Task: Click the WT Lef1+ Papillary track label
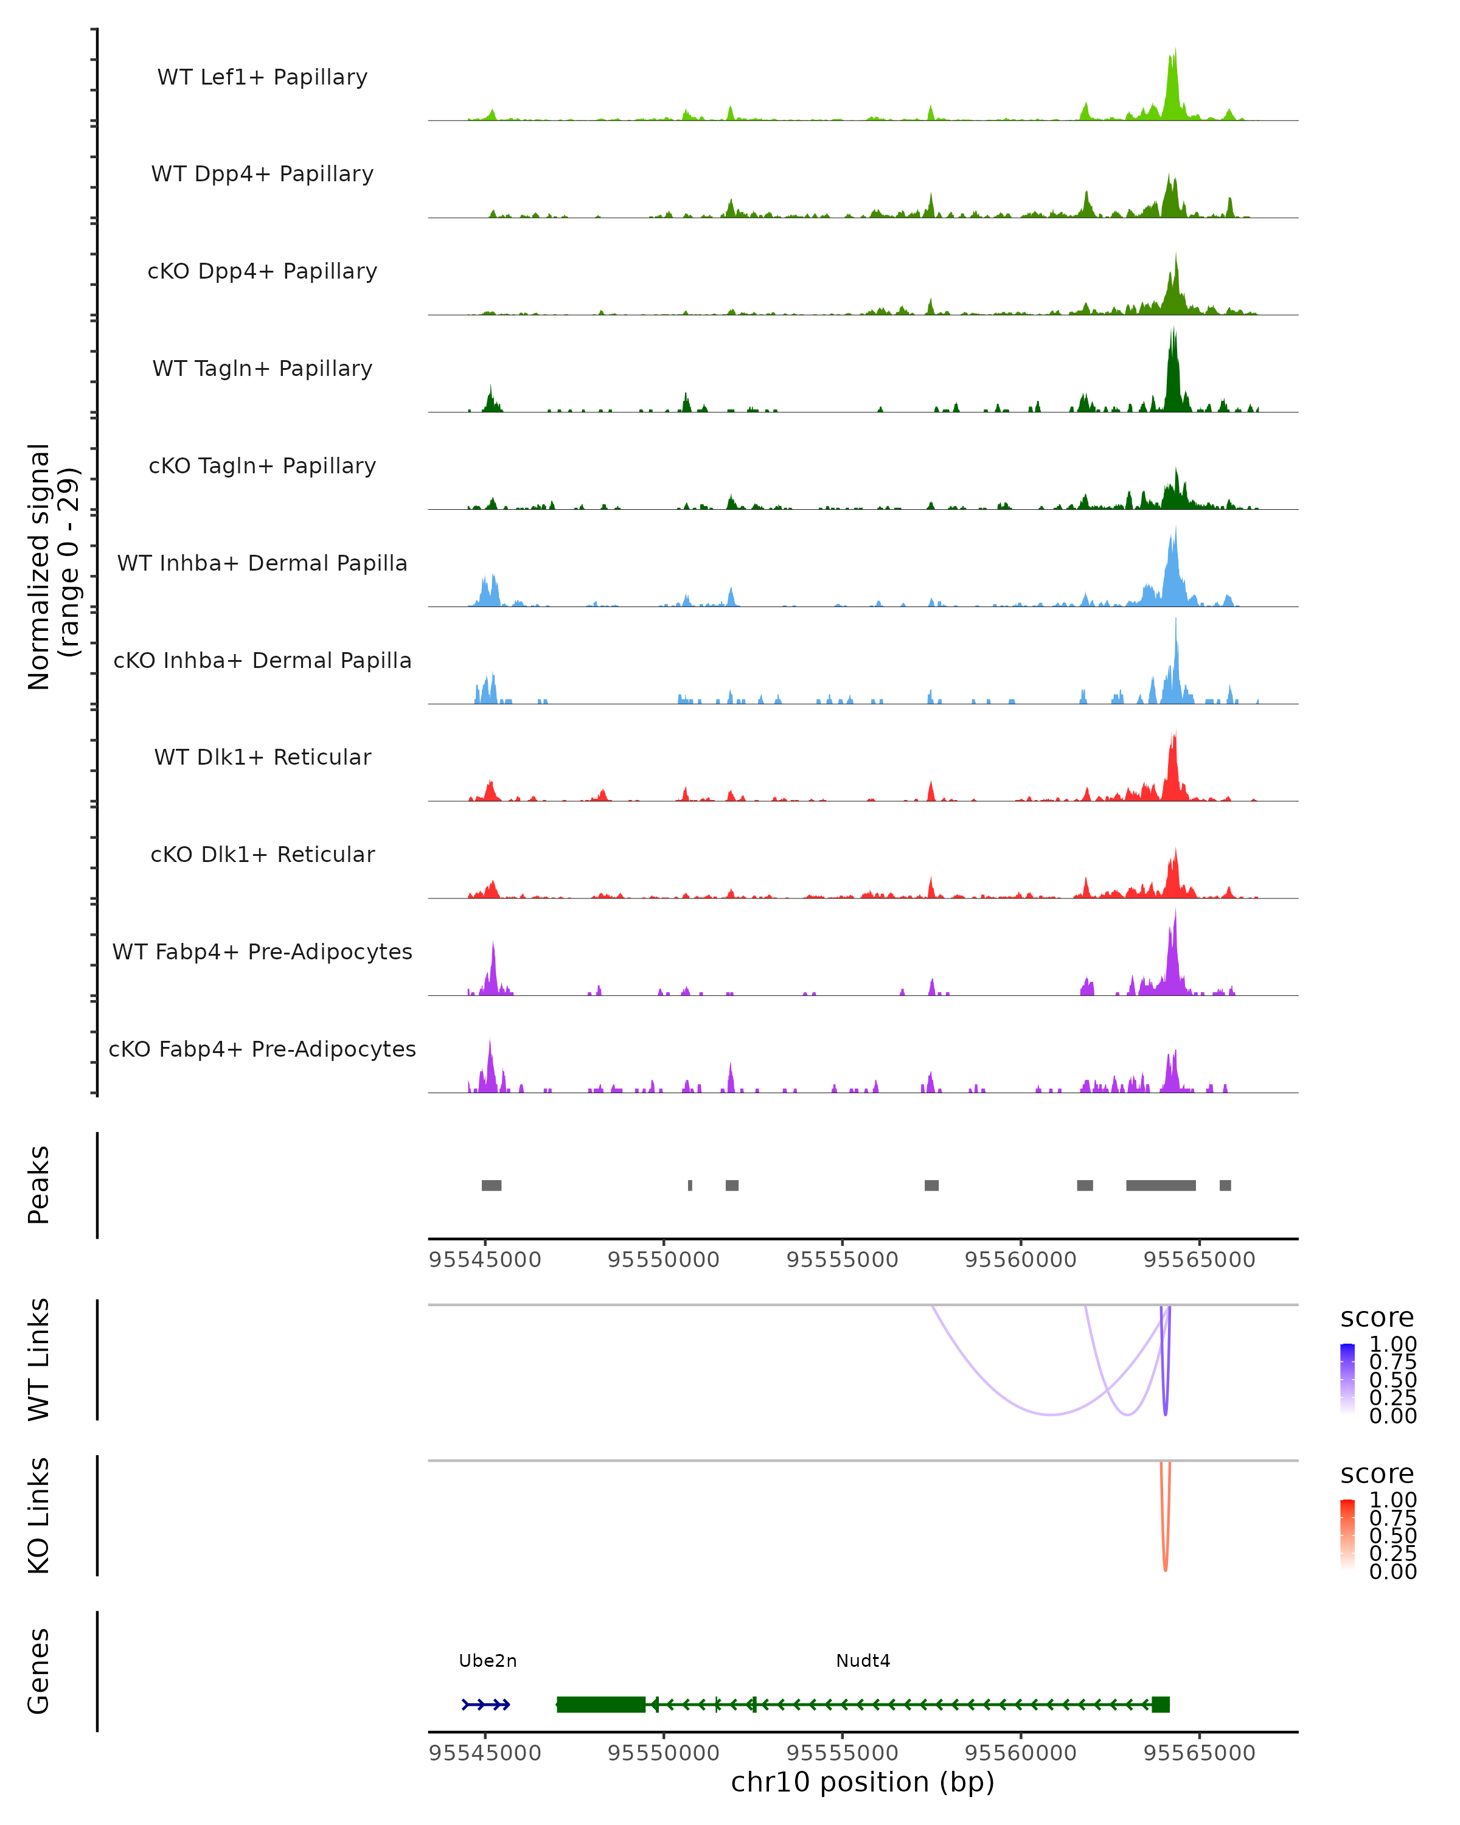[262, 77]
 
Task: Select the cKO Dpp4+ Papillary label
[262, 272]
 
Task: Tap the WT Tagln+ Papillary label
[262, 369]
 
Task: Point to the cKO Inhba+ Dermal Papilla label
[262, 661]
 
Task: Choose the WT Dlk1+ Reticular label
[262, 757]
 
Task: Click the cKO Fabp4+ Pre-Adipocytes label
[262, 1049]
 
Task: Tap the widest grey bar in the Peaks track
[1160, 1185]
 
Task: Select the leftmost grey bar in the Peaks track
[491, 1185]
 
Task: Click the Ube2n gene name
[487, 1661]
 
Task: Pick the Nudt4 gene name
[863, 1661]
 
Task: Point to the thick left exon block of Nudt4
[601, 1705]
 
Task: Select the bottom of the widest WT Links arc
[1051, 1414]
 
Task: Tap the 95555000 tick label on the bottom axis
[842, 1753]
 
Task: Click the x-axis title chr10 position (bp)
[863, 1782]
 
